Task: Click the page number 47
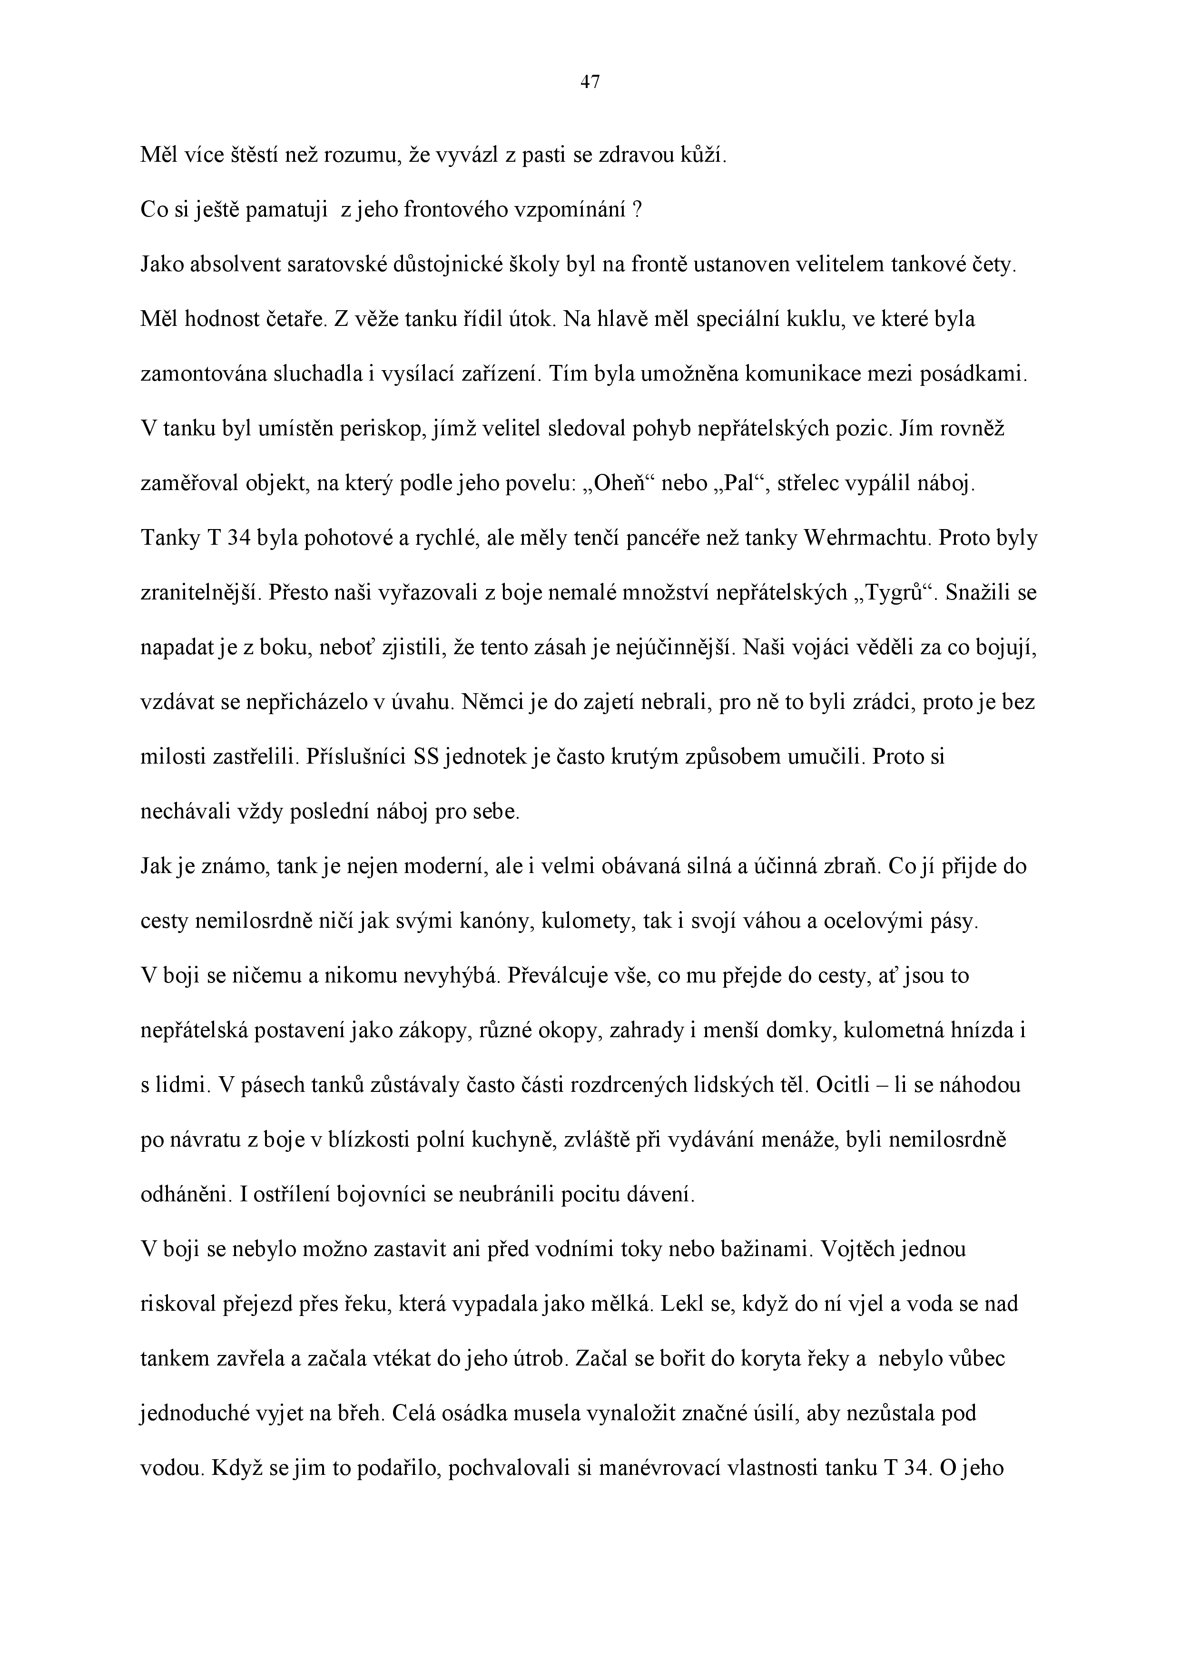(x=590, y=83)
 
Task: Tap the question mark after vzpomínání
(x=637, y=211)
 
